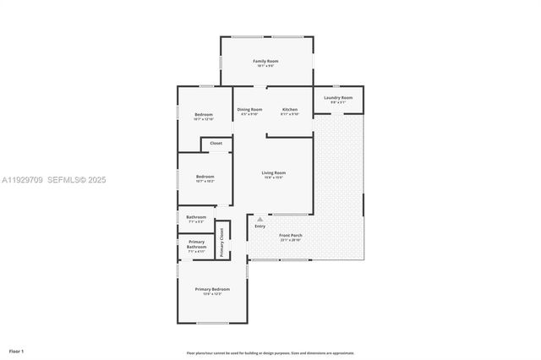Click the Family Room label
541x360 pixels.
click(266, 61)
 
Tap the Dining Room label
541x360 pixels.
click(249, 110)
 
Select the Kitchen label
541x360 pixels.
click(290, 110)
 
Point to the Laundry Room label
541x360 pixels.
click(340, 97)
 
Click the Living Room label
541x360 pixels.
click(273, 172)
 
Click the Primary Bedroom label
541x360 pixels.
click(212, 289)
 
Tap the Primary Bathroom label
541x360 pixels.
click(196, 244)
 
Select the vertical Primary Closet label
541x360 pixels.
click(222, 243)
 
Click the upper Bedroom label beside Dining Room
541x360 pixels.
click(204, 115)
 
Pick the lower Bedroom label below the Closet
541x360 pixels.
click(205, 176)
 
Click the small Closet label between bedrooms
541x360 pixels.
click(216, 144)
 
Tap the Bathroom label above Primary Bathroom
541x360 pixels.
click(196, 217)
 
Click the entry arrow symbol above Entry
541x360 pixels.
click(260, 219)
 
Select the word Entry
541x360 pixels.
click(260, 226)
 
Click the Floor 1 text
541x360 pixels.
click(16, 351)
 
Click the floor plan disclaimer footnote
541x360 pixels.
click(270, 353)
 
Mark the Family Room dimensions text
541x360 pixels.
click(266, 66)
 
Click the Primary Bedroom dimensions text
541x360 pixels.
click(212, 294)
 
